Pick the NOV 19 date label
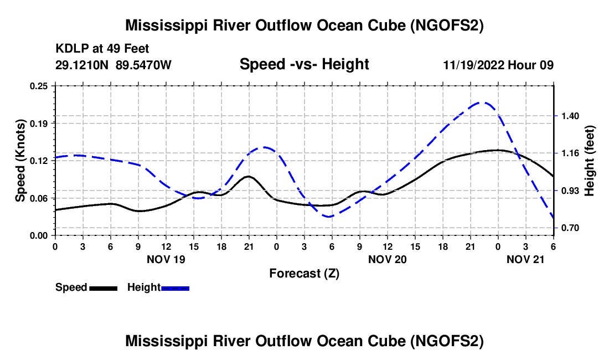166,259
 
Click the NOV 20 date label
388,259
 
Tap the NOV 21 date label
526,259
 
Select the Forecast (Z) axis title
304,273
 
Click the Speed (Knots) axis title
20,161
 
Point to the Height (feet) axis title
590,161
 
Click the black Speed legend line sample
103,288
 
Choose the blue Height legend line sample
176,288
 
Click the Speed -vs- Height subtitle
304,64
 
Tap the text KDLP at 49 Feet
102,49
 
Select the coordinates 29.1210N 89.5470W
113,65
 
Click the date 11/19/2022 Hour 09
498,65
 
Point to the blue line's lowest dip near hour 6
329,217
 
